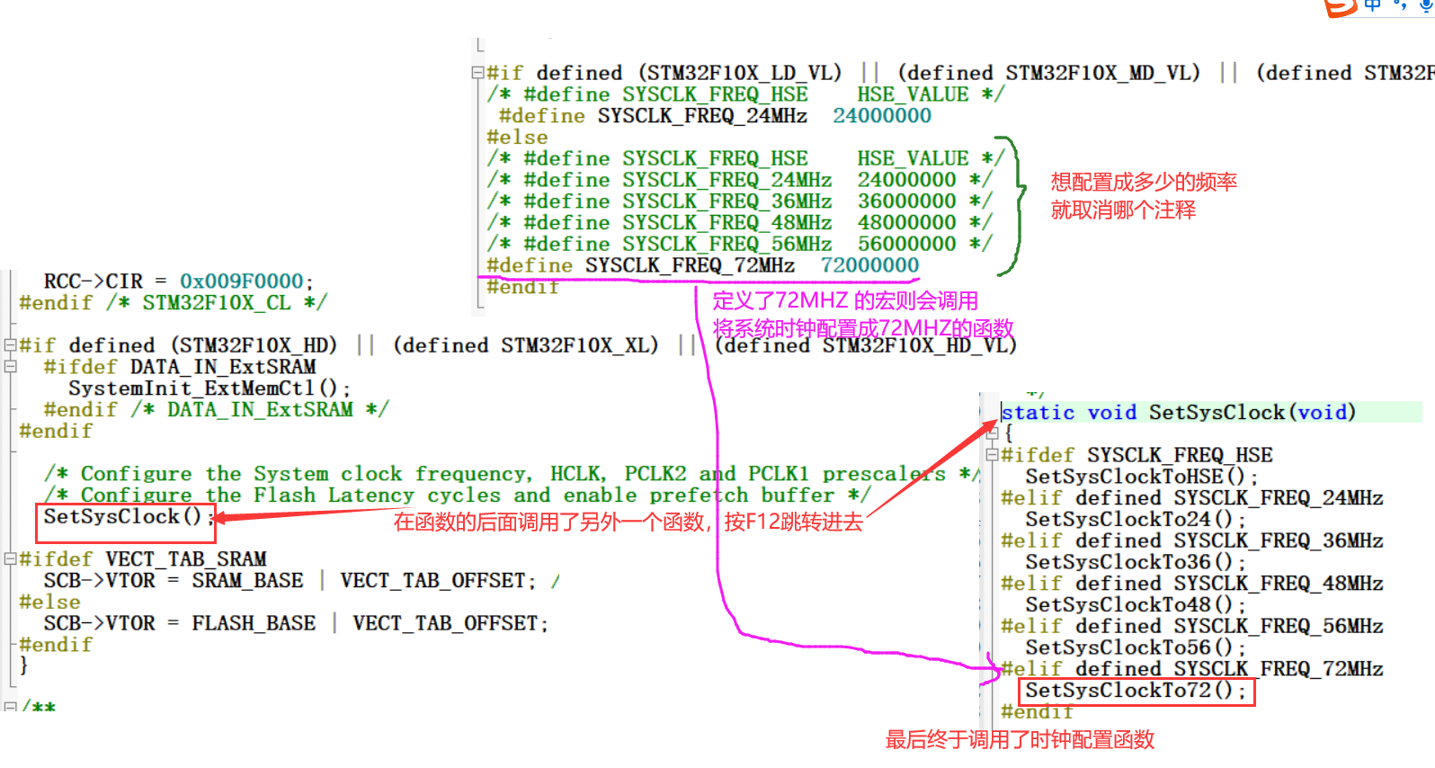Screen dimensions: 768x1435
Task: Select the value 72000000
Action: pos(869,265)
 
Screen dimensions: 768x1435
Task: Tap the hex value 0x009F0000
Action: pos(241,281)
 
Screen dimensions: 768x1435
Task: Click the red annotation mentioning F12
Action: pos(628,522)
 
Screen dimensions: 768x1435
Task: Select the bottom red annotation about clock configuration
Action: pos(1020,740)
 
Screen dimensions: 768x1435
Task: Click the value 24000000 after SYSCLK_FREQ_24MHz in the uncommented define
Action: pos(881,116)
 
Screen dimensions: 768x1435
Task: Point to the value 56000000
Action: pos(906,244)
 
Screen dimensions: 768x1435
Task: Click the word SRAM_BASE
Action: pos(247,581)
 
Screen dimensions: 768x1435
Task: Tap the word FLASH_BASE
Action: pos(254,623)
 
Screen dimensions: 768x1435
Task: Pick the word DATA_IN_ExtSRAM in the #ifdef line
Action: pos(222,367)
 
